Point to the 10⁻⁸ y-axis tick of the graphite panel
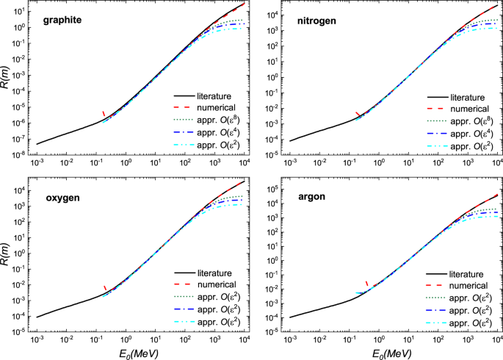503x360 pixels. click(21, 155)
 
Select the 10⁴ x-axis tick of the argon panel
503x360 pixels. click(496, 344)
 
